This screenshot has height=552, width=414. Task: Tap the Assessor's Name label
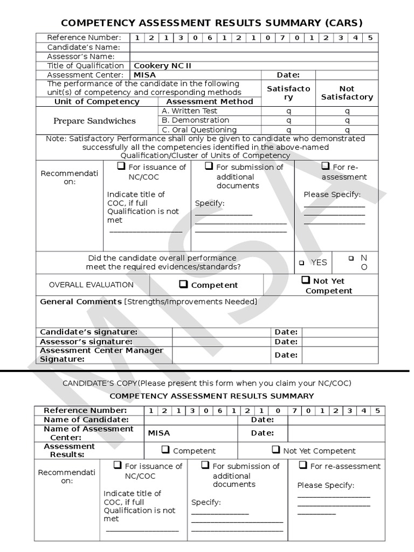(81, 57)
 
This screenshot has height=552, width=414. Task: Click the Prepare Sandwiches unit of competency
(94, 121)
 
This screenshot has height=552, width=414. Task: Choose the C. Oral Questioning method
(199, 130)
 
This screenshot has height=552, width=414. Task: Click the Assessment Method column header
(210, 101)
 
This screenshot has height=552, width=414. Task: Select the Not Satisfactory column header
(347, 93)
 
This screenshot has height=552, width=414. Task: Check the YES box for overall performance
(302, 263)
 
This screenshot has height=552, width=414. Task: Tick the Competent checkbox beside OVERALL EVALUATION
(183, 284)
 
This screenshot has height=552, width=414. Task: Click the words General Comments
(81, 302)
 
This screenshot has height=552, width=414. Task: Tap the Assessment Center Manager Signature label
(102, 355)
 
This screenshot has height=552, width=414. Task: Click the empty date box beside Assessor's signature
(340, 342)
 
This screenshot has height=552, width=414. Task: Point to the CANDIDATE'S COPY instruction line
(207, 383)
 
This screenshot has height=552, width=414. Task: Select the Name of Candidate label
(86, 419)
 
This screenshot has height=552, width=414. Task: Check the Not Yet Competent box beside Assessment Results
(275, 450)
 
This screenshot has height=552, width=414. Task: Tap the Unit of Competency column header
(97, 101)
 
